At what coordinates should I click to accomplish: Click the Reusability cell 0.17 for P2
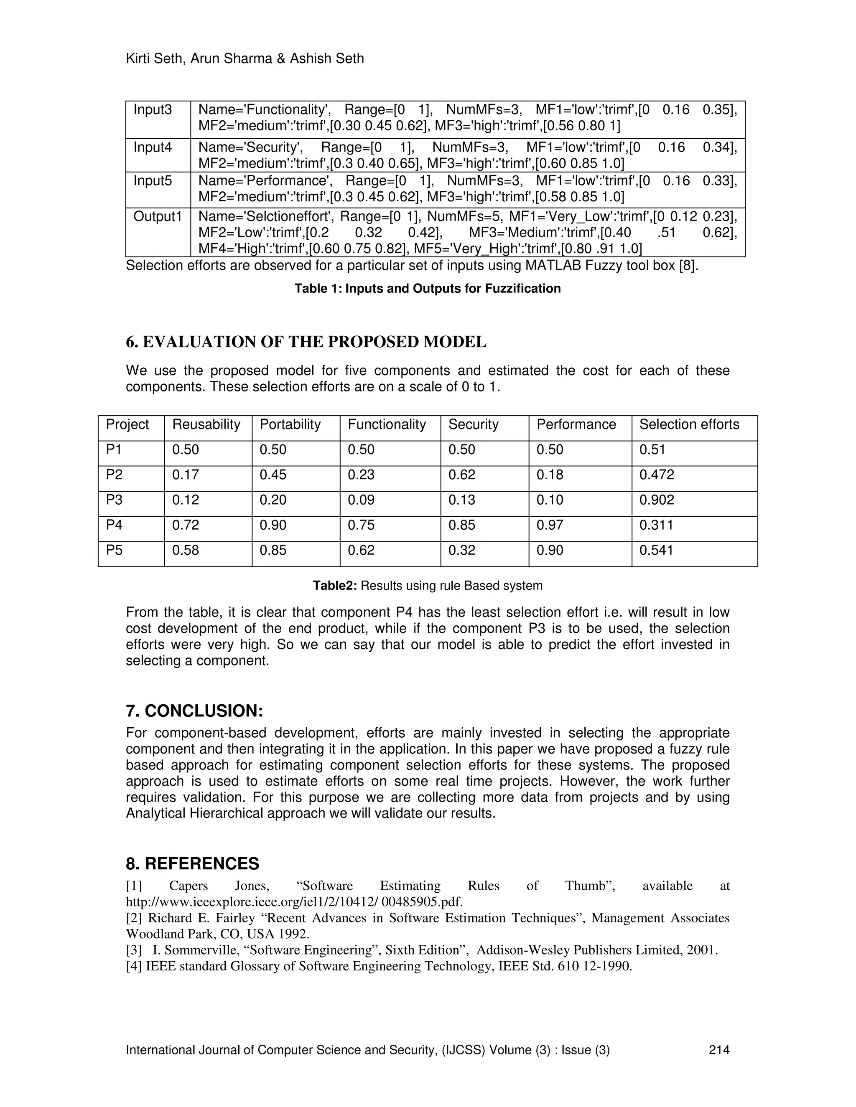point(185,475)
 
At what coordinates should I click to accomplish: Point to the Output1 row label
point(157,216)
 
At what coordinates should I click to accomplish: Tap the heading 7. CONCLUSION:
point(194,711)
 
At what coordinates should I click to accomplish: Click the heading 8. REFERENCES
point(192,864)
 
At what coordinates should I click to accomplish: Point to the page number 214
point(718,1050)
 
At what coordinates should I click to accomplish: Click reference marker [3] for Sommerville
point(134,950)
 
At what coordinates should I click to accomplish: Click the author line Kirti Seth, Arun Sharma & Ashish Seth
point(245,59)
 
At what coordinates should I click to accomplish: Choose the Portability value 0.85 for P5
point(273,550)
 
